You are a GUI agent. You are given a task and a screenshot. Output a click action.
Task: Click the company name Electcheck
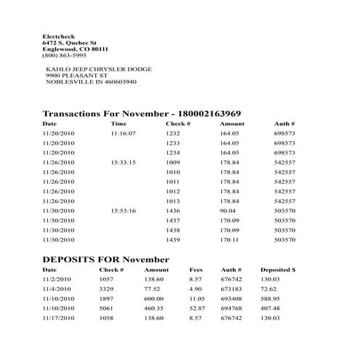click(57, 36)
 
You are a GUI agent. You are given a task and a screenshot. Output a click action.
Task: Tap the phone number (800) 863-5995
click(64, 55)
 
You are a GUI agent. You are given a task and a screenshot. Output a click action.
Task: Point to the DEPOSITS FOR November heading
click(105, 259)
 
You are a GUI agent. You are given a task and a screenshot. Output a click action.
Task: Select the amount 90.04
click(229, 210)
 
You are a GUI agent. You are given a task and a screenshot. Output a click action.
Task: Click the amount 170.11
click(229, 239)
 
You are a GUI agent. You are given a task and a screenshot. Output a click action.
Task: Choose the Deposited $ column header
click(278, 270)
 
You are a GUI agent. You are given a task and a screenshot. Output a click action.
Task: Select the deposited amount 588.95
click(270, 298)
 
